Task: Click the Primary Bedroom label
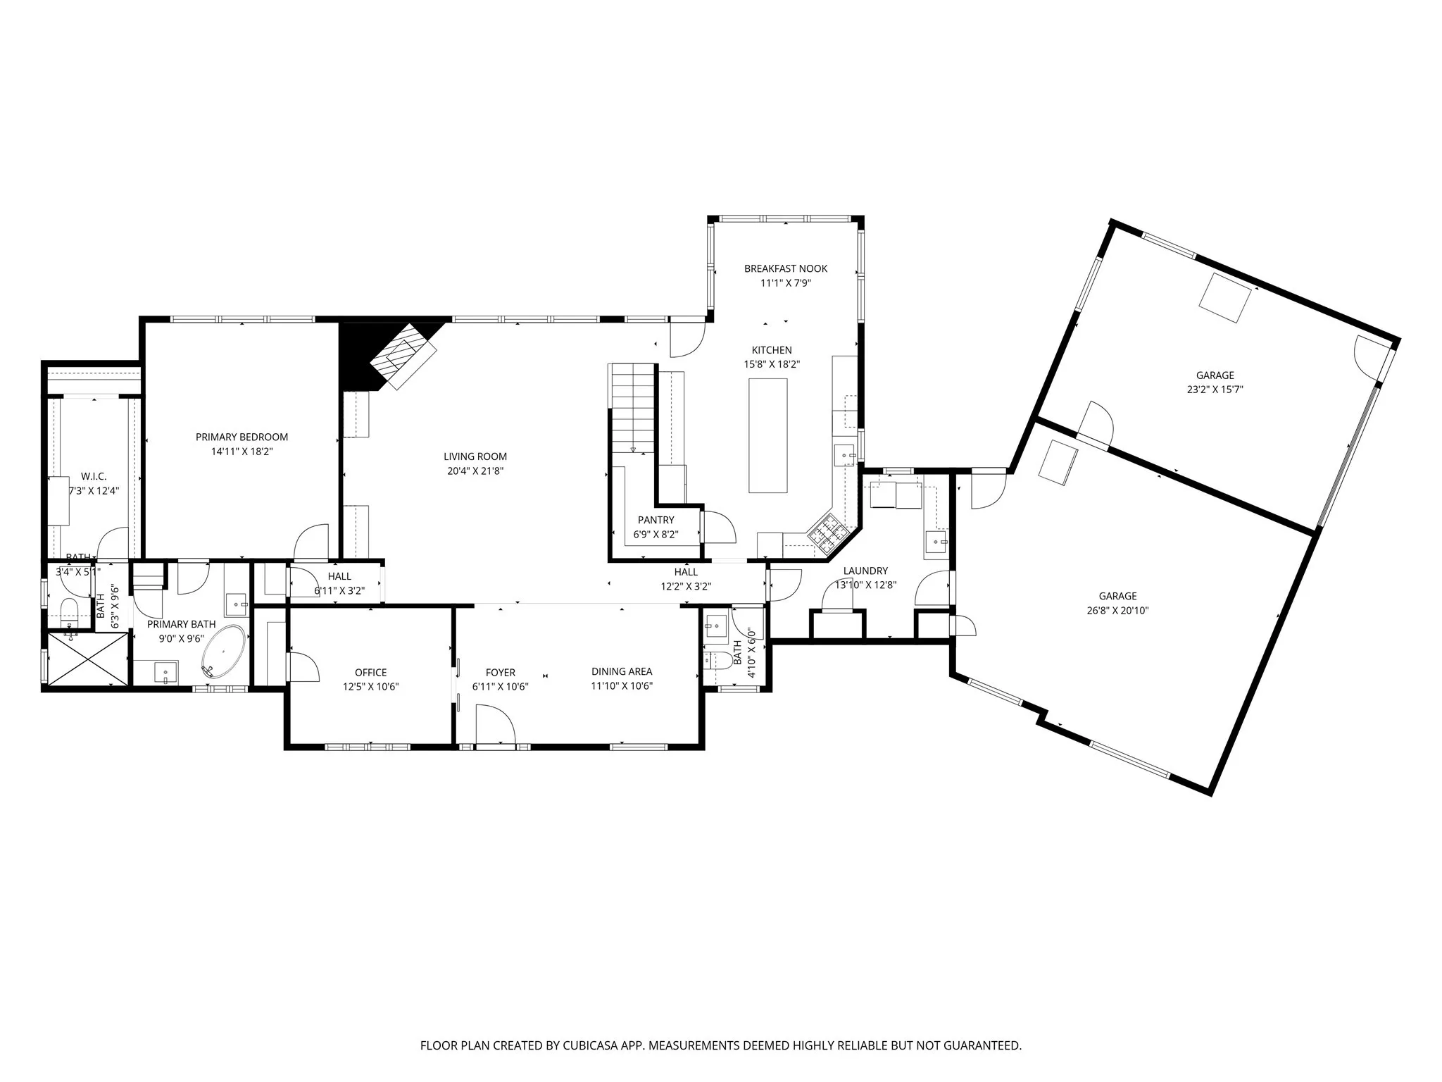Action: [242, 437]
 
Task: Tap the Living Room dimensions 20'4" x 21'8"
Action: [475, 471]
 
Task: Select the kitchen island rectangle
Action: [767, 435]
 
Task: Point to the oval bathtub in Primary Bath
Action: [224, 652]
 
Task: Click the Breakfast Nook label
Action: [786, 268]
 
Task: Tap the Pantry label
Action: [656, 520]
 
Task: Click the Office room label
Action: [370, 672]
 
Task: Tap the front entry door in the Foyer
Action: [494, 726]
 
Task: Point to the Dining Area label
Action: [622, 671]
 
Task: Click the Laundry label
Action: [865, 571]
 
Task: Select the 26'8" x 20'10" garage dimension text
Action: [1117, 611]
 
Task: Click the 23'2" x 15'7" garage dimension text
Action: [1215, 390]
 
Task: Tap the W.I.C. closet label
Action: [94, 477]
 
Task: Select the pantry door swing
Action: [718, 527]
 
